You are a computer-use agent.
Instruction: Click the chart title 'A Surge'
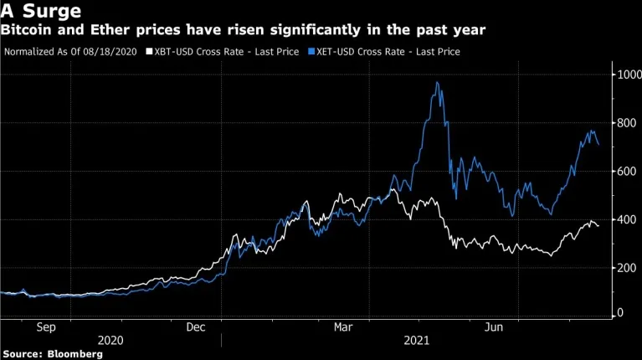[41, 11]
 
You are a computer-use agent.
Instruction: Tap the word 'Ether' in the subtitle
[110, 30]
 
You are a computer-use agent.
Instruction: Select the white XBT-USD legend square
[150, 52]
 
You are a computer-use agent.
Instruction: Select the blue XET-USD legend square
[311, 52]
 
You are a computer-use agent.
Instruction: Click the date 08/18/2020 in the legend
[110, 52]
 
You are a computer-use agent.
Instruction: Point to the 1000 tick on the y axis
[629, 75]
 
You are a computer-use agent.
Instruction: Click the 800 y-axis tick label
[627, 123]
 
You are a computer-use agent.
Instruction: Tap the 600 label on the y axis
[627, 171]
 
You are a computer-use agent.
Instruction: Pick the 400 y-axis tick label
[627, 219]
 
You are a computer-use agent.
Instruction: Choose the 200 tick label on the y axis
[627, 268]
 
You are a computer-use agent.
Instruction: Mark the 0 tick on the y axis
[620, 312]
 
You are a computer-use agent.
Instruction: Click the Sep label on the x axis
[46, 327]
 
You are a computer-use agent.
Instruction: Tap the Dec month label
[196, 327]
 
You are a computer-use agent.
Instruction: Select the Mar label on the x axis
[343, 327]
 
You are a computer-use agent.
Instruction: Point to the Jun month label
[494, 327]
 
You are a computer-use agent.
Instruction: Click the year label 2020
[110, 341]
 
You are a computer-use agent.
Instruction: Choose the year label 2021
[416, 341]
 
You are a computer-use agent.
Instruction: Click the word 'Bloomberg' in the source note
[75, 354]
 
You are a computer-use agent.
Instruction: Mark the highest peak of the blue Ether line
[437, 83]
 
